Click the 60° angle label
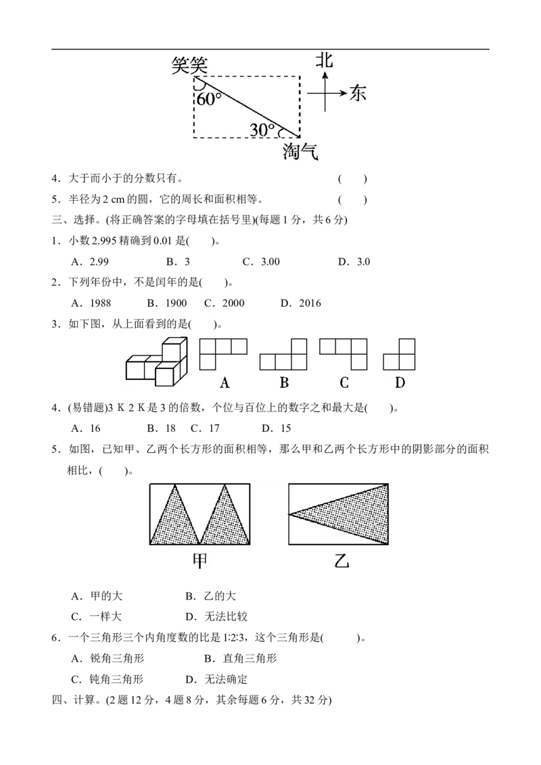click(209, 99)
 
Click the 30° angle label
click(262, 130)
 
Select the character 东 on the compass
click(358, 94)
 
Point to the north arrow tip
click(325, 73)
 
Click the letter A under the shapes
click(225, 383)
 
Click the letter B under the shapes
click(284, 383)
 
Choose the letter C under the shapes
click(344, 383)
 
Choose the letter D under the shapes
click(400, 383)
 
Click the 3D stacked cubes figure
click(156, 363)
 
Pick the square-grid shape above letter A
click(223, 353)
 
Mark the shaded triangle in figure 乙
click(358, 515)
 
